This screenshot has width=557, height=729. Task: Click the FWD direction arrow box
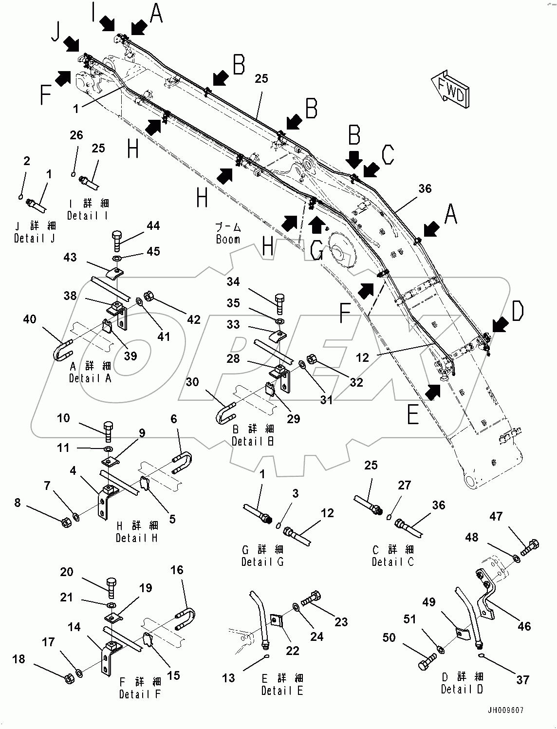click(449, 89)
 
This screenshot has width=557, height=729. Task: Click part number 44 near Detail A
click(153, 225)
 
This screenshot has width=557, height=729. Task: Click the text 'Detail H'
click(137, 538)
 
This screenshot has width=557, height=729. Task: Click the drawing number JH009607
click(507, 710)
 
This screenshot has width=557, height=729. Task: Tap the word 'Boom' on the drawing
click(228, 239)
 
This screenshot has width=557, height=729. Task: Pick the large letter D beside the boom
click(517, 312)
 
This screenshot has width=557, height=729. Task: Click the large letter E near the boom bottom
click(413, 415)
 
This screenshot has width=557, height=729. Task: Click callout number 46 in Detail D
click(524, 626)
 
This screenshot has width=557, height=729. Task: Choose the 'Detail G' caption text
click(262, 561)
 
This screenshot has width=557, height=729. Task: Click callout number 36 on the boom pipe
click(425, 189)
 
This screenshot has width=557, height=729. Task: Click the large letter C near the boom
click(388, 154)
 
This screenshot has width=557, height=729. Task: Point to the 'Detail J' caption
click(35, 238)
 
